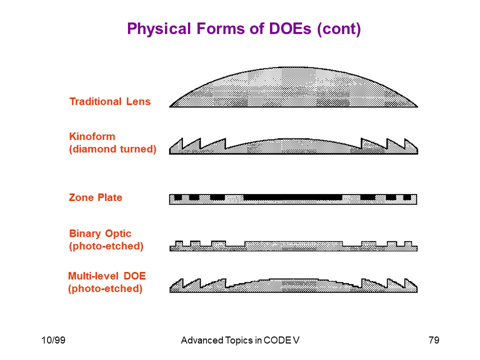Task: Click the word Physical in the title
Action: click(159, 29)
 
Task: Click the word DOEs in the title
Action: click(290, 28)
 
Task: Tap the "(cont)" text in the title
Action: click(339, 29)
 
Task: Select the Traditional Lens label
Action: click(110, 101)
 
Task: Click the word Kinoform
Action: click(92, 136)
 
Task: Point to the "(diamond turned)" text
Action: click(112, 149)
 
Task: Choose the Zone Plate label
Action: click(95, 197)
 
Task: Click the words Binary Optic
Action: click(100, 233)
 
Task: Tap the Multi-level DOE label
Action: click(107, 276)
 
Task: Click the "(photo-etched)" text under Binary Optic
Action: click(106, 246)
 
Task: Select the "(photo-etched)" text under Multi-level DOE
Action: click(105, 288)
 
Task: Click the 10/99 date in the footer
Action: click(53, 340)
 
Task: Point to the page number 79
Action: click(434, 340)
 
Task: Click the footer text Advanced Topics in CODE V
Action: click(240, 340)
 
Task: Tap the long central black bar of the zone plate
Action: click(292, 197)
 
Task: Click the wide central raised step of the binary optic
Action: click(293, 244)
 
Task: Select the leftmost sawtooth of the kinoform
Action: click(176, 147)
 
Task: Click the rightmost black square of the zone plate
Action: click(407, 197)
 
